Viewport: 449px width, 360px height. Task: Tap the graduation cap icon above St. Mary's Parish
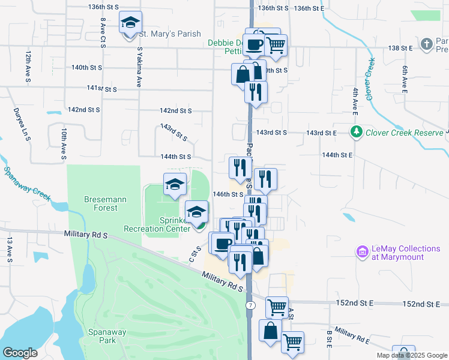point(130,23)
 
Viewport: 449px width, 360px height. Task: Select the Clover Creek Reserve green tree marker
point(357,131)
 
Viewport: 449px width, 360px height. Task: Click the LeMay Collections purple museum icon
point(362,252)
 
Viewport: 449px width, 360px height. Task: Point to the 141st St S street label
point(101,88)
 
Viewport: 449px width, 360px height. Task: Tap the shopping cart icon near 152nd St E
point(277,307)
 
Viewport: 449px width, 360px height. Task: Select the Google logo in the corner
point(20,353)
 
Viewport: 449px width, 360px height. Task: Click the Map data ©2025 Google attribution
point(412,355)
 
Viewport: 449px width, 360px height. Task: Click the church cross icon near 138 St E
point(426,44)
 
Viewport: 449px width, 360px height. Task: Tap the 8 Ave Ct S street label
point(103,32)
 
